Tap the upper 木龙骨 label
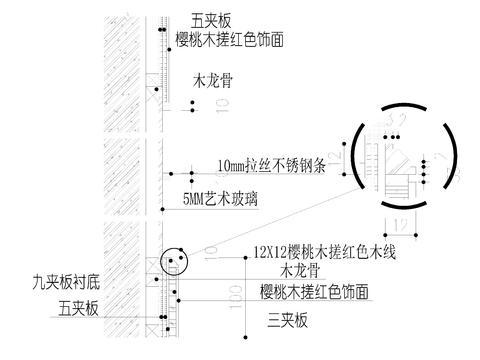tap(209, 77)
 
